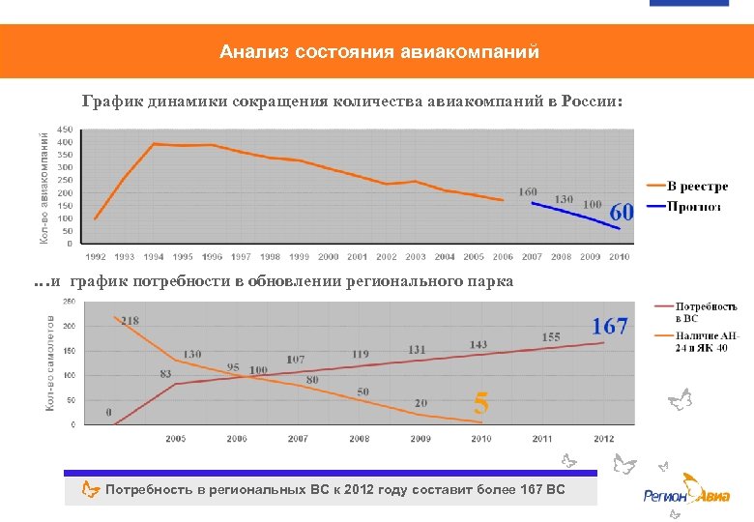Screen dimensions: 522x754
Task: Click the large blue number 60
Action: pos(621,212)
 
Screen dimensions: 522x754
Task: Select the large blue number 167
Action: pos(610,327)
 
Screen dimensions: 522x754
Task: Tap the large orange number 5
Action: pos(480,402)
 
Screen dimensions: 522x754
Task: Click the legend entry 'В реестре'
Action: pos(697,187)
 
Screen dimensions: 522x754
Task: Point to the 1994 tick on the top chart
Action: pos(154,257)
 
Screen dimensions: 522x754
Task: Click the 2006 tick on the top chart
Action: pos(503,257)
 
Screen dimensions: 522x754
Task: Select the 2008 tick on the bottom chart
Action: pos(360,439)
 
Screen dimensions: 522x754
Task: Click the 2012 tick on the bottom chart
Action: pos(604,439)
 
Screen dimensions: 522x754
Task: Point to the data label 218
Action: pos(130,321)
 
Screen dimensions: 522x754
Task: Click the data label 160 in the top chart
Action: pos(528,191)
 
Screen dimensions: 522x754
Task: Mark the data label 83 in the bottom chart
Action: pos(166,373)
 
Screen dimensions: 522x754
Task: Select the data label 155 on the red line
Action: pos(550,336)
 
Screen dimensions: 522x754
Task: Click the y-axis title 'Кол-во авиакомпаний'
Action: pos(44,187)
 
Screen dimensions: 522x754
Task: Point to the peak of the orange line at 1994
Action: pos(154,144)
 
